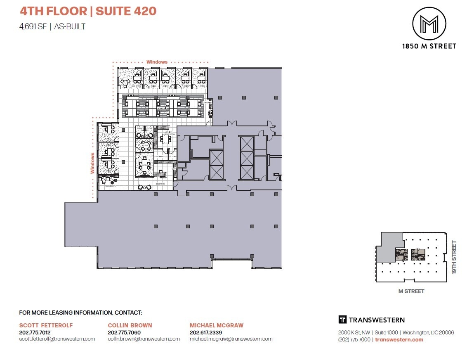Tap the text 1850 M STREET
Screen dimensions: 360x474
click(429, 46)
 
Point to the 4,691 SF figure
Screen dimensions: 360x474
click(33, 26)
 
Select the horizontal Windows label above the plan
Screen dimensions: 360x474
click(157, 62)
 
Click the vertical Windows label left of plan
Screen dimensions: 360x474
click(93, 163)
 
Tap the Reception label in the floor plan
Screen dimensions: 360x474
click(160, 183)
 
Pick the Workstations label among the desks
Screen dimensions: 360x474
click(163, 109)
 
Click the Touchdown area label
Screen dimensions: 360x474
click(109, 186)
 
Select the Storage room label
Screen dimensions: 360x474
click(159, 157)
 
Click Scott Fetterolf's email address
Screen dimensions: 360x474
click(57, 339)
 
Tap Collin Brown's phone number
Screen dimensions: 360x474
click(124, 332)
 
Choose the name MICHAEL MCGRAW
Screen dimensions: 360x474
click(217, 325)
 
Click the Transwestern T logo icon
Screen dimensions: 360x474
click(342, 320)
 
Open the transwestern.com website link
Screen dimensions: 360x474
click(399, 340)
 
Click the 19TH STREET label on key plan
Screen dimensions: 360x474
click(455, 258)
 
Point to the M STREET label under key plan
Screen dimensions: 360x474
click(411, 291)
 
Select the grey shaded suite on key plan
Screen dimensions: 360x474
click(388, 246)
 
